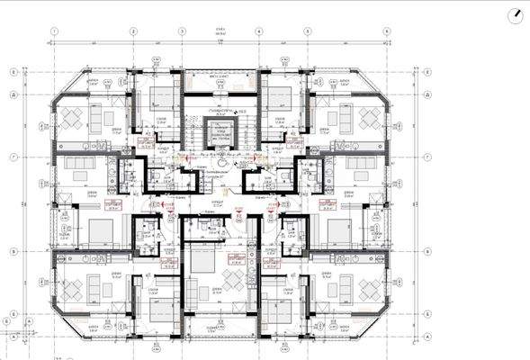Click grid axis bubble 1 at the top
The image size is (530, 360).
(x=55, y=30)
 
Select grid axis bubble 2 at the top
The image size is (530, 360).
(x=131, y=30)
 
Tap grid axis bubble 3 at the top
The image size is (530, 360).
(x=182, y=30)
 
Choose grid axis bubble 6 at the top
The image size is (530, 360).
(x=387, y=30)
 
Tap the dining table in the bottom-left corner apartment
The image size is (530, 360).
(x=72, y=288)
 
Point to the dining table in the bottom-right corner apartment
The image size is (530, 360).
(x=370, y=288)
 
